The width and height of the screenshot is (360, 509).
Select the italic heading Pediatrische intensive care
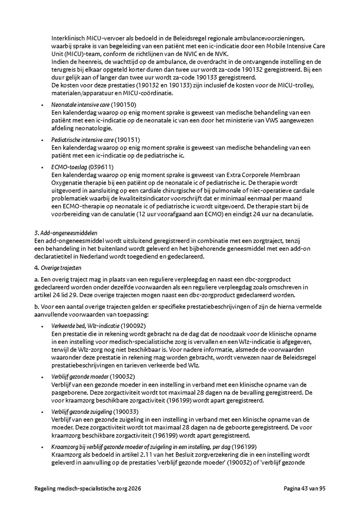(82, 140)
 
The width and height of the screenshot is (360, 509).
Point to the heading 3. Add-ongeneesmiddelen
(66, 233)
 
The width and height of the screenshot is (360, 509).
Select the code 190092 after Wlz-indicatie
(133, 325)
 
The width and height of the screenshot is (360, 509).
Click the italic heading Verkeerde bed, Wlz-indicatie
(85, 325)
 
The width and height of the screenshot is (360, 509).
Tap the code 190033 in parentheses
(126, 411)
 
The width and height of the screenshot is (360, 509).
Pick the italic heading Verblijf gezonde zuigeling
(82, 411)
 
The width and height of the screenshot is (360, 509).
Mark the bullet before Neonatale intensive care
(42, 105)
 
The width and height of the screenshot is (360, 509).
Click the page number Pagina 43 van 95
(304, 488)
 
